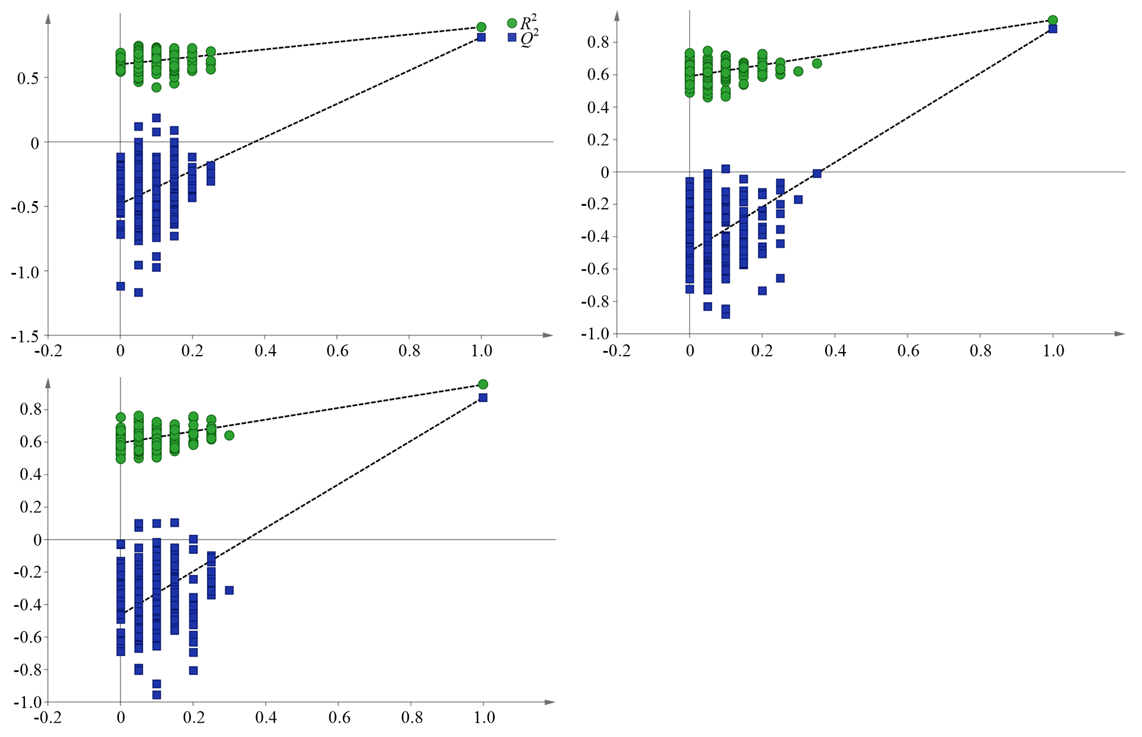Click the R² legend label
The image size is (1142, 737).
click(x=528, y=23)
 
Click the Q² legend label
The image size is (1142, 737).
click(x=528, y=38)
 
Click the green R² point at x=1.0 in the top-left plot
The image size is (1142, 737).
click(x=482, y=27)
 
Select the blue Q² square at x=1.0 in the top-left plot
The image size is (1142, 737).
click(x=482, y=37)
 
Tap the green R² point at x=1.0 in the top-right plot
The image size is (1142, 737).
click(x=1053, y=20)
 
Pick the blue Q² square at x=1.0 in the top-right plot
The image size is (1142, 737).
click(x=1053, y=29)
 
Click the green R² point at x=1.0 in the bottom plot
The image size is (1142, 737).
click(x=483, y=384)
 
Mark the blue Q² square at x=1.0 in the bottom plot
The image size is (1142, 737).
click(x=483, y=397)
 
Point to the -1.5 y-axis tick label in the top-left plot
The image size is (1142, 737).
click(x=25, y=337)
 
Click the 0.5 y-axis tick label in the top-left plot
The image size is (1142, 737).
click(x=29, y=79)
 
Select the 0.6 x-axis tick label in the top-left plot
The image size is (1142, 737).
click(x=338, y=351)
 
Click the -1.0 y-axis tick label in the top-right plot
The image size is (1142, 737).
click(x=595, y=334)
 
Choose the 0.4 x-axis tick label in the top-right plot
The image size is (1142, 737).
click(x=835, y=351)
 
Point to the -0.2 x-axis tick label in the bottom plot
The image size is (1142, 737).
click(x=48, y=717)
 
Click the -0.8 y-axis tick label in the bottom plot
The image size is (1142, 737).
click(x=27, y=670)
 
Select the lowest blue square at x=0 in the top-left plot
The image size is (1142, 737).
click(x=121, y=286)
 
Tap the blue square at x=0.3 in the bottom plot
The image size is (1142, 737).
click(x=229, y=590)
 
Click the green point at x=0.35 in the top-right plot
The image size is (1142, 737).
click(x=817, y=64)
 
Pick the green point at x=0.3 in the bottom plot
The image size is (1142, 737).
click(x=229, y=435)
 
